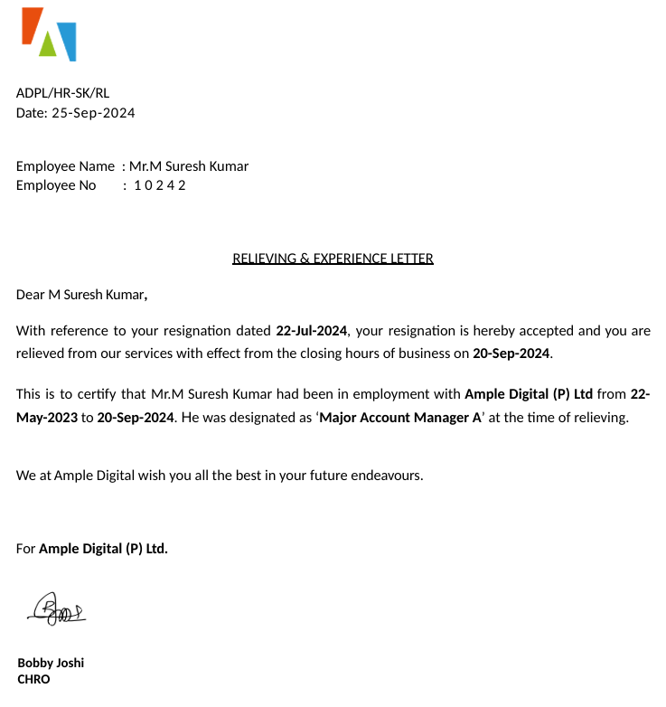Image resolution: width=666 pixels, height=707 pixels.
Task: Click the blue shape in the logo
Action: click(x=67, y=41)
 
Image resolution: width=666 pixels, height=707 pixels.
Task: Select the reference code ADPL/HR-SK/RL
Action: click(x=62, y=92)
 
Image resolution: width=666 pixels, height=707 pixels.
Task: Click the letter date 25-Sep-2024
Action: click(x=93, y=113)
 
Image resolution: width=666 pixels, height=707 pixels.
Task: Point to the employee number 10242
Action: click(x=160, y=185)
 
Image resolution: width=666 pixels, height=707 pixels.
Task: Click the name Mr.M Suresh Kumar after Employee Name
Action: click(x=189, y=166)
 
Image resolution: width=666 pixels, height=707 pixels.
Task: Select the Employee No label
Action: click(x=56, y=185)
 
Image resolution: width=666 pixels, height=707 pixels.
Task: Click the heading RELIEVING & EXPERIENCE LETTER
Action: click(x=333, y=259)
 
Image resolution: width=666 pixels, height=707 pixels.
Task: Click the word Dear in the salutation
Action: click(x=30, y=295)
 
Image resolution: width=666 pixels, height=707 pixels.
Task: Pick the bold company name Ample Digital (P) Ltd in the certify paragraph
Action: click(x=529, y=394)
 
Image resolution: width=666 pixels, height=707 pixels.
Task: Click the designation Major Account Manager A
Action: click(x=400, y=418)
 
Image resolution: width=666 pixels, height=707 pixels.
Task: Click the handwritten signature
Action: click(x=56, y=609)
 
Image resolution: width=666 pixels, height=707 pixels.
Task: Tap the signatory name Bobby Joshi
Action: click(x=51, y=663)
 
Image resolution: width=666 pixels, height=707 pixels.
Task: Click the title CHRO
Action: click(x=33, y=679)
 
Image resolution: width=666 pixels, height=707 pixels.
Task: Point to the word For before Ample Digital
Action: click(x=25, y=549)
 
